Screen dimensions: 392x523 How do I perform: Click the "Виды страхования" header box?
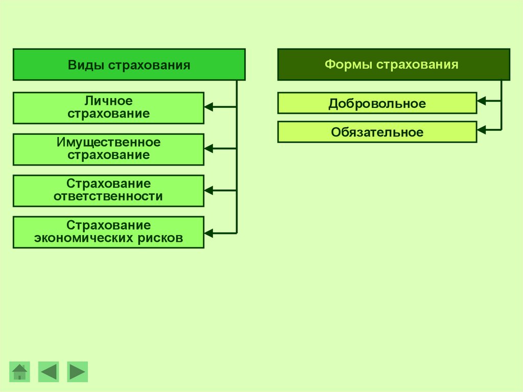pyautogui.click(x=129, y=65)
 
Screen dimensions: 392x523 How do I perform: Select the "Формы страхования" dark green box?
pyautogui.click(x=393, y=64)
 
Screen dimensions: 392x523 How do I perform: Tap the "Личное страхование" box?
pyautogui.click(x=108, y=108)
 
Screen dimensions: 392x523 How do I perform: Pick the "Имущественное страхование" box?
pyautogui.click(x=108, y=149)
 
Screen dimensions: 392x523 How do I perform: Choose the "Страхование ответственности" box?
pyautogui.click(x=108, y=191)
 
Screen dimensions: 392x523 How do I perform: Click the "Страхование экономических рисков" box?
pyautogui.click(x=108, y=232)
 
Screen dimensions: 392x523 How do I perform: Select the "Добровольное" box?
pyautogui.click(x=377, y=103)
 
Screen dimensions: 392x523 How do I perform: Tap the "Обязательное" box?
pyautogui.click(x=377, y=132)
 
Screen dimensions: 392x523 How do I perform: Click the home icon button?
pyautogui.click(x=20, y=372)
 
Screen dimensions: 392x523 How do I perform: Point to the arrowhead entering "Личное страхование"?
pyautogui.click(x=208, y=107)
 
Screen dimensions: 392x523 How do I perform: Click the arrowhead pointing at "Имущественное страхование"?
pyautogui.click(x=208, y=148)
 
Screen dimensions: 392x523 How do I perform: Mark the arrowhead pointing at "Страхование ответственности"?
pyautogui.click(x=208, y=190)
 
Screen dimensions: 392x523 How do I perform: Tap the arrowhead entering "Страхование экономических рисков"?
pyautogui.click(x=208, y=233)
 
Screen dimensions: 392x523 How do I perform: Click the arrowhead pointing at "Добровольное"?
pyautogui.click(x=481, y=101)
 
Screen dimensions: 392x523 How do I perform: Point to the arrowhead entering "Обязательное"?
pyautogui.click(x=481, y=130)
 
